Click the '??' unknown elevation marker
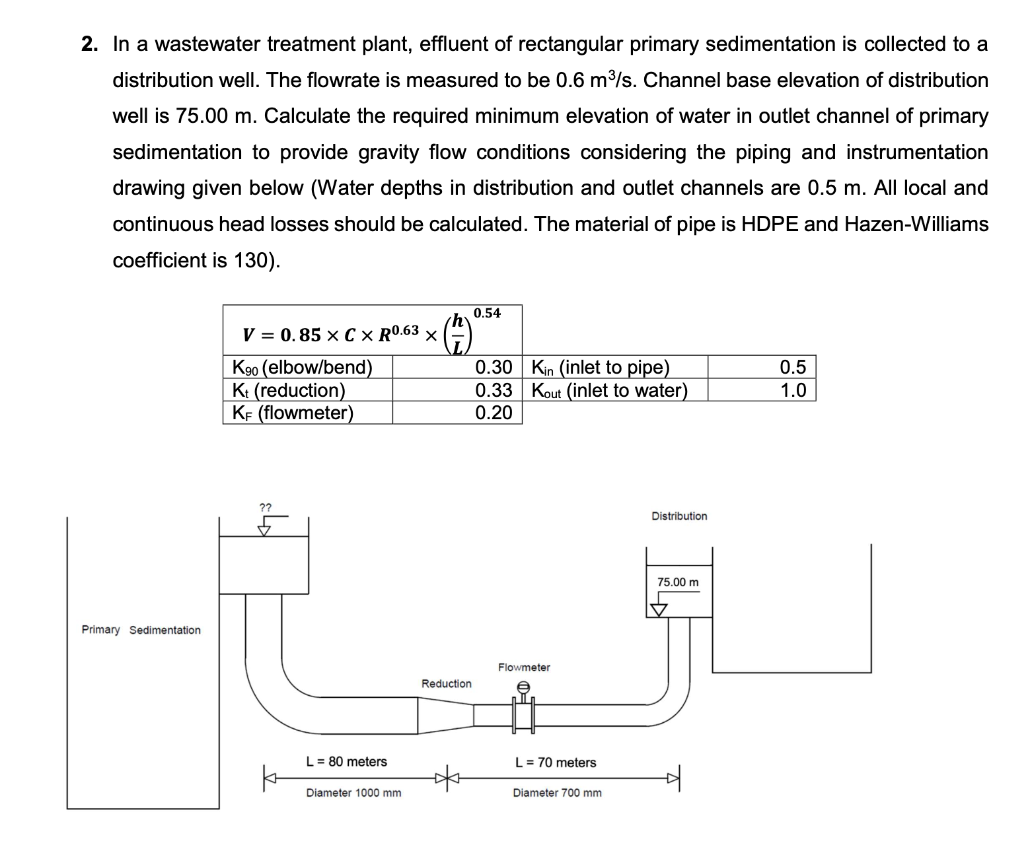tap(265, 508)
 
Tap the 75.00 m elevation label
tap(678, 582)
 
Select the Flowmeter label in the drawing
tap(524, 667)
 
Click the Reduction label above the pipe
tap(447, 684)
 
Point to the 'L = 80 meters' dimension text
tap(347, 762)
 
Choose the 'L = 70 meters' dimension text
tap(556, 763)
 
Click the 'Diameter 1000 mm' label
tap(353, 793)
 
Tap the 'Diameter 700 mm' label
tap(558, 793)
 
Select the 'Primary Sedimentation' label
tap(141, 630)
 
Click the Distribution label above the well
tap(679, 516)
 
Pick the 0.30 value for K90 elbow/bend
tap(494, 367)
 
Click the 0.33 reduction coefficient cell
tap(494, 390)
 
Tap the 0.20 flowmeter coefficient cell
tap(494, 413)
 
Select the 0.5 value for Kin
tap(793, 367)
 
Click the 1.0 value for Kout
tap(793, 390)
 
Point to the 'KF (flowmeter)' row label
tap(293, 413)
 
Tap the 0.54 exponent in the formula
tap(488, 313)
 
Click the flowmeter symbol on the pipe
tap(523, 713)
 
